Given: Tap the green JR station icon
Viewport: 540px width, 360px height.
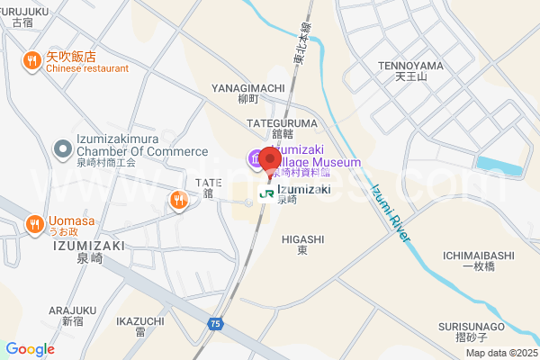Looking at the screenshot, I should coord(265,192).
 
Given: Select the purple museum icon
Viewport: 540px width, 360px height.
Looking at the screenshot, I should coord(256,158).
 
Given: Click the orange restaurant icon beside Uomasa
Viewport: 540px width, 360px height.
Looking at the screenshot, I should coord(33,223).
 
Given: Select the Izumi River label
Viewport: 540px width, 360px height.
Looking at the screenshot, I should coord(391,211).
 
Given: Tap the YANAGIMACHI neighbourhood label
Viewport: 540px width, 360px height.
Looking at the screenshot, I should coord(247,88).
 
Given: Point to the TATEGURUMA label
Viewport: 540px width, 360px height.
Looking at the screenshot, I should coord(289,122).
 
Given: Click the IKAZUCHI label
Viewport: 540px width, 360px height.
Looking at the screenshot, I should coord(140,321).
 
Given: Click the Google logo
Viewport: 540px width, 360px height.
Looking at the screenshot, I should coord(30,349).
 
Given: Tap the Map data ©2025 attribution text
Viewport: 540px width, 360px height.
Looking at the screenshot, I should coord(501,353).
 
